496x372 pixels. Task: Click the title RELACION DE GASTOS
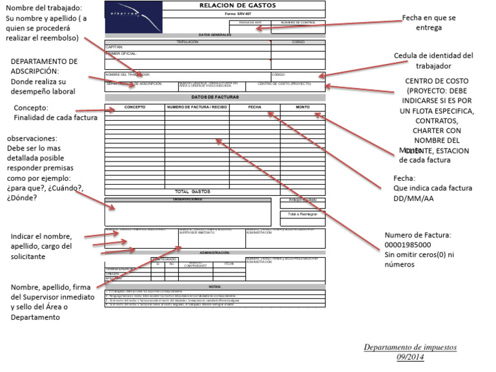coord(230,6)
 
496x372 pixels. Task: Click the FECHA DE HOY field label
coord(251,22)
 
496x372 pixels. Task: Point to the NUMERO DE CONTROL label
coord(298,22)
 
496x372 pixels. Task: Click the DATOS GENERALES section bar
coord(215,34)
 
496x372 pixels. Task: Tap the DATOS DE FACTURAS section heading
coord(215,97)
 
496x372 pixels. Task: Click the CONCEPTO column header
coord(134,107)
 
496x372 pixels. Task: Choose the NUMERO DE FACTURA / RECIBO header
coord(197,107)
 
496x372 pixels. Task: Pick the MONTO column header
coord(302,107)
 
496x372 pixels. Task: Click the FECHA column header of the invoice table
coord(254,107)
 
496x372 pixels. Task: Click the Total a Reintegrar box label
coord(302,214)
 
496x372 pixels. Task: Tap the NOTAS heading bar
coord(215,286)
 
